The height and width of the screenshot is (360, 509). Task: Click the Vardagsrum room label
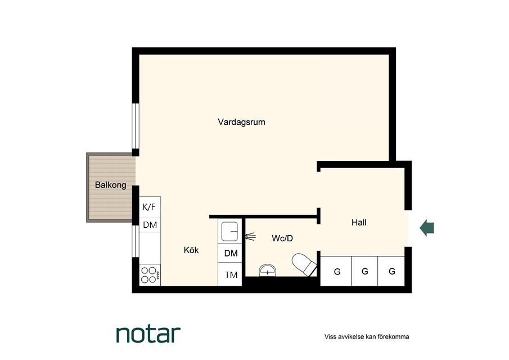pos(241,122)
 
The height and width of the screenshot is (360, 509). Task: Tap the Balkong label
pos(110,185)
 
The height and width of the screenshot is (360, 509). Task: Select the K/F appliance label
pos(149,207)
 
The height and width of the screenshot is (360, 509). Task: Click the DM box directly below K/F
pos(150,224)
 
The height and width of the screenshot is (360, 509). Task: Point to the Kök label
pos(191,250)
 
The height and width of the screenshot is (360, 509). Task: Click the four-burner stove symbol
pos(150,275)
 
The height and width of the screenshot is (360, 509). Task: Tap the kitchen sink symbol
pos(230,231)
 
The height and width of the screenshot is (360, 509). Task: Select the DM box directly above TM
pos(230,253)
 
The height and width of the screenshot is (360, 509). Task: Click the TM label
pos(231,275)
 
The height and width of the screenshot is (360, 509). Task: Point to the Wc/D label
pos(282,238)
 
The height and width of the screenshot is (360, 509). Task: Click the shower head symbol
pos(251,237)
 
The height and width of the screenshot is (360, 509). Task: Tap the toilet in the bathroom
pos(304,264)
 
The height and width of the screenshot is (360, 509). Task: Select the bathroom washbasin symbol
pos(268,271)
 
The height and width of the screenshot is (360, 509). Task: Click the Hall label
pos(359,222)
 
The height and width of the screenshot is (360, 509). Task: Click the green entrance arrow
pos(427,227)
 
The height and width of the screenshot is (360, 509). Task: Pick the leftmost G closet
pos(336,271)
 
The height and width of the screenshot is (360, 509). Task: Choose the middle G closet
pos(365,271)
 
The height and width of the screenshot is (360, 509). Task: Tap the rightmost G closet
pos(391,271)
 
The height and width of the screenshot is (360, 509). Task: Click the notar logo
pos(148,334)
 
